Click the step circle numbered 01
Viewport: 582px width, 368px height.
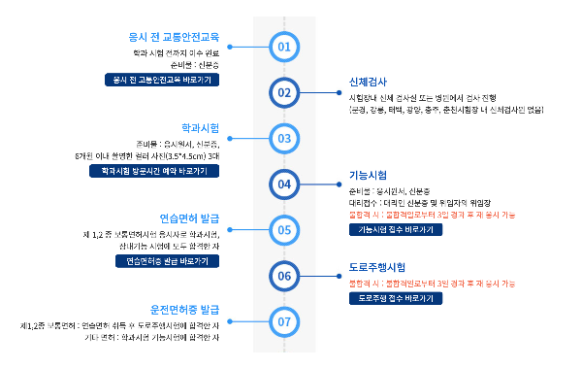point(284,47)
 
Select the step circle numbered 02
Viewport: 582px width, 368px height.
point(284,92)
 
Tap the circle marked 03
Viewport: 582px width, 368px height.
point(284,138)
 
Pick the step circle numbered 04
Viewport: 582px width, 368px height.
point(284,184)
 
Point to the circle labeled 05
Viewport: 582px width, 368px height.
point(284,229)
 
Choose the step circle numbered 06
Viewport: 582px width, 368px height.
point(284,275)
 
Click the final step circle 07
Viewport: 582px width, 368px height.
point(284,320)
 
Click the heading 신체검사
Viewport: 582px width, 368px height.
point(368,83)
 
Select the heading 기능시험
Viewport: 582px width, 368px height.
point(368,175)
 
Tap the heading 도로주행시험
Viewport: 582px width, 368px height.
point(376,267)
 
